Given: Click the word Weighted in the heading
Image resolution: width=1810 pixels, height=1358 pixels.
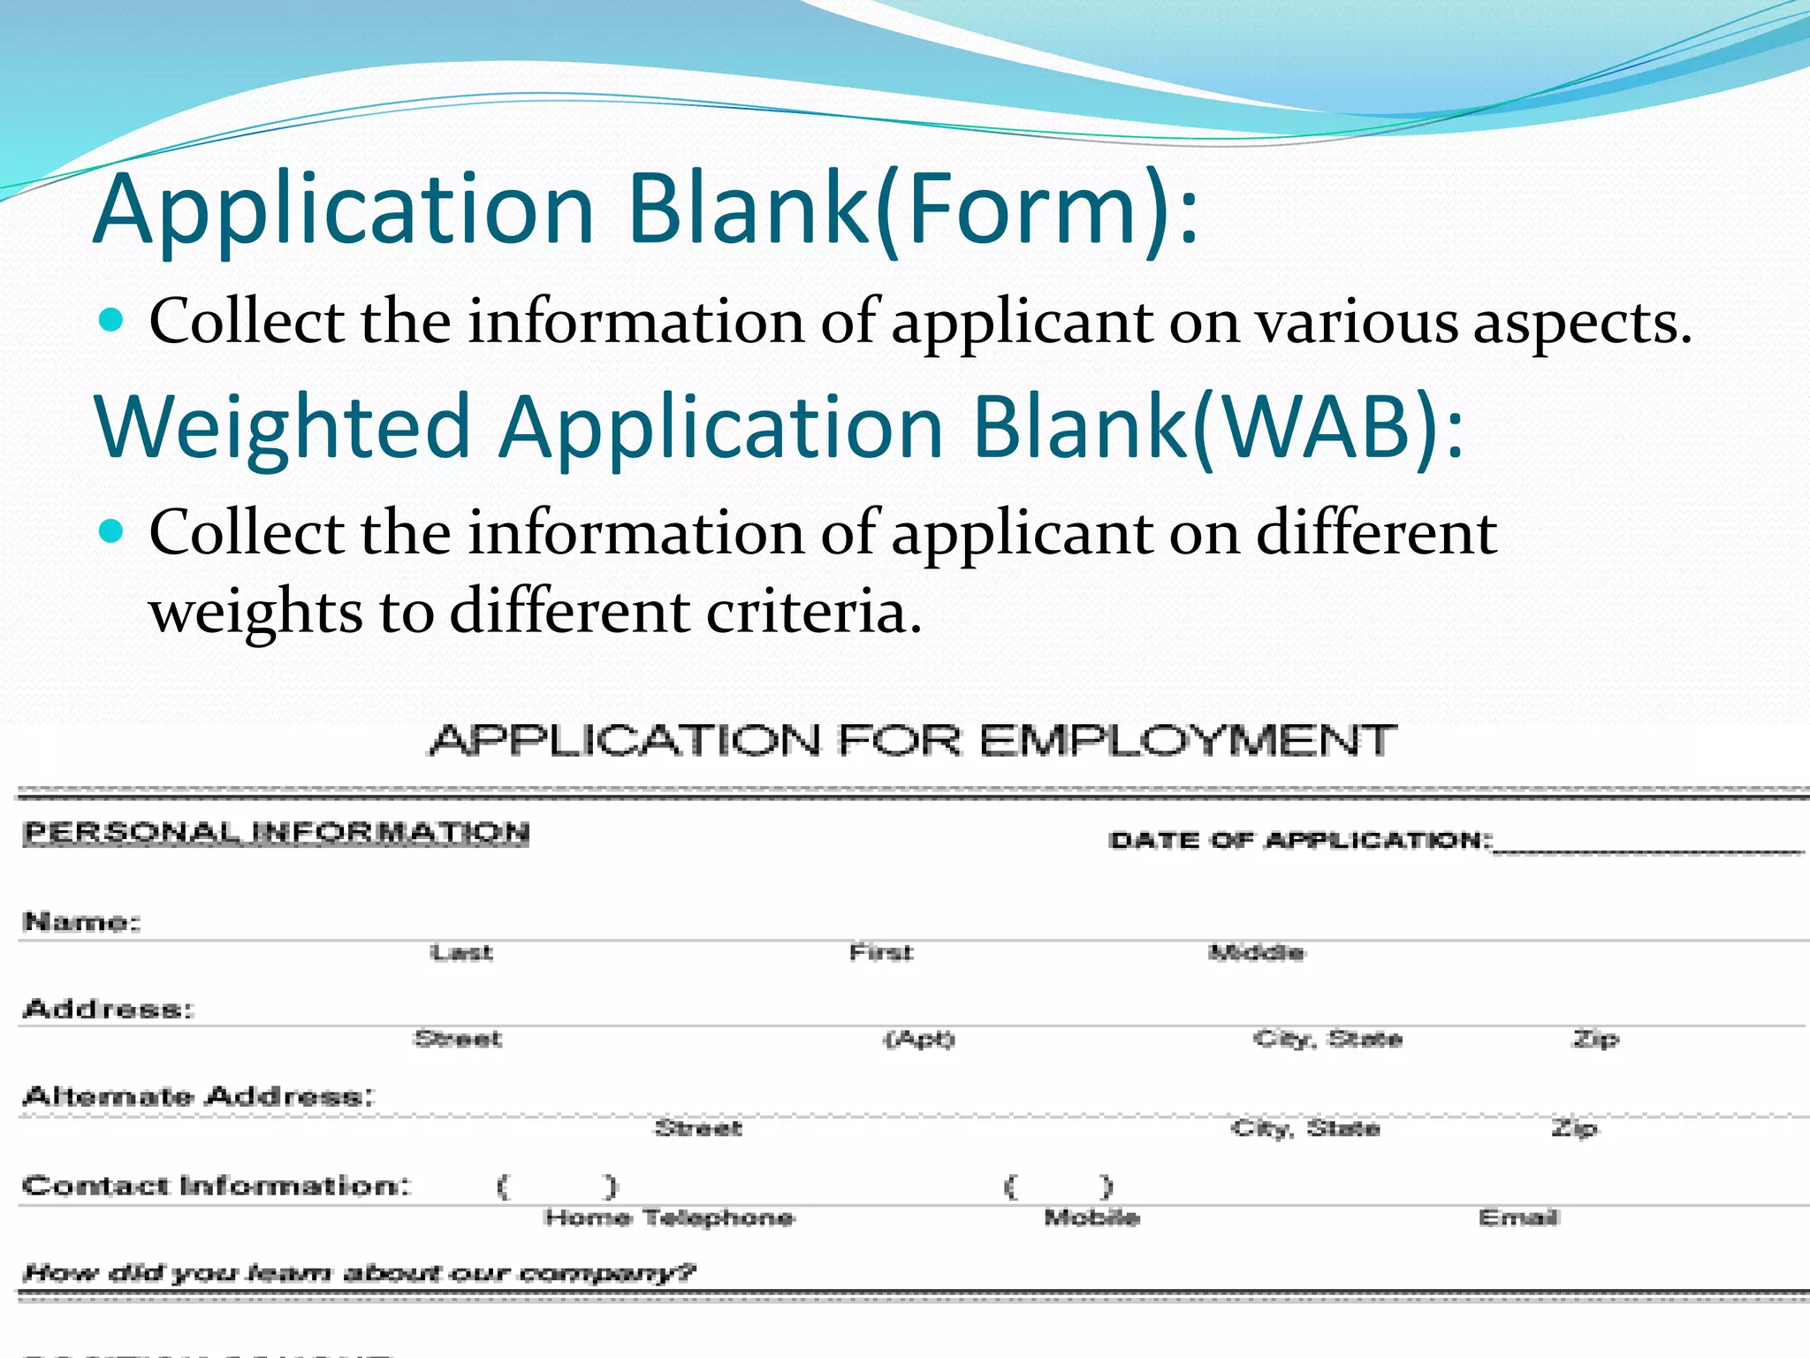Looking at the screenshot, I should point(283,427).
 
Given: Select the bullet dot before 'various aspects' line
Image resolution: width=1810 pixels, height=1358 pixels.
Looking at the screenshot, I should point(110,319).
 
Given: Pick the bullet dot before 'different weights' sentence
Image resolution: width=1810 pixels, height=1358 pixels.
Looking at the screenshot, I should point(110,531).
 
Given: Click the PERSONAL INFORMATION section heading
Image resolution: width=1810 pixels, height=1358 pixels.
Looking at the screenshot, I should point(276,833).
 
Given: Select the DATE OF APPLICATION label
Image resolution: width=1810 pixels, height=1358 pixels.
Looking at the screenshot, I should point(1299,840).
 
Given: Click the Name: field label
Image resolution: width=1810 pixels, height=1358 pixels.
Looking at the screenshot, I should point(81,922).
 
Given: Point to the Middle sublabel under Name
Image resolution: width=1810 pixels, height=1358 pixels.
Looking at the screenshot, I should point(1256,953).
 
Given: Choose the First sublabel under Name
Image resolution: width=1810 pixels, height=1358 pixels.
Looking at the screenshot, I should point(880,953).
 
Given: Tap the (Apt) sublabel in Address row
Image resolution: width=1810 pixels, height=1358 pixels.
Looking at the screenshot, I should point(920,1039).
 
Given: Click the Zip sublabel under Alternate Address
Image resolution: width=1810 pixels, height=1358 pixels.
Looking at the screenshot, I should point(1574,1128).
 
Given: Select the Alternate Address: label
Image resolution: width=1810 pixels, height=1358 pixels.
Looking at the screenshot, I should point(198,1097).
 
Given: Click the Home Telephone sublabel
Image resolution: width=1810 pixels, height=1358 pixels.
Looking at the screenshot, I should point(669,1218).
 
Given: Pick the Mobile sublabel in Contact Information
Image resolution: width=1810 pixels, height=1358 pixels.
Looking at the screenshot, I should point(1091,1218).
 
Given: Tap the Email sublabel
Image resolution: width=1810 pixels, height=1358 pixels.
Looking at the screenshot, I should point(1518,1218).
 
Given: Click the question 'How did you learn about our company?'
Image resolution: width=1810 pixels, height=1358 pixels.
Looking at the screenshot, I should point(359,1273).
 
